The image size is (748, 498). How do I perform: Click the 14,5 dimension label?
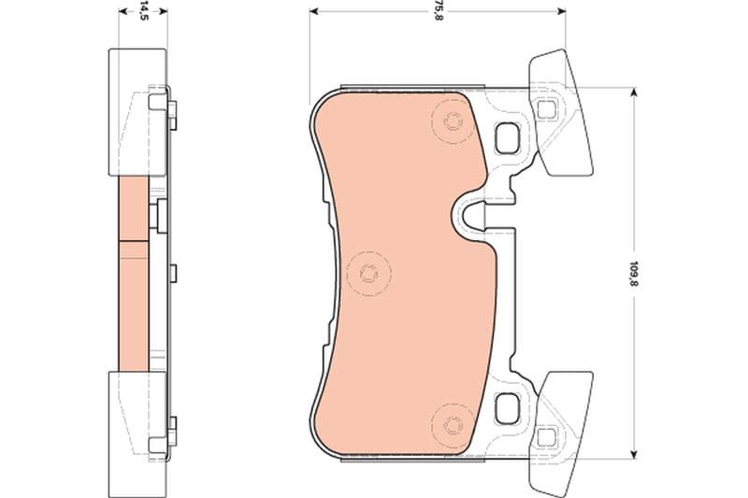point(142,11)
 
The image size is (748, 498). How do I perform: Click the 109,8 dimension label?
point(634,273)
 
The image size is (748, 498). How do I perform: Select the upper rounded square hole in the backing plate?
point(506,137)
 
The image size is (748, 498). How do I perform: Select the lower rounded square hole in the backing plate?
point(506,408)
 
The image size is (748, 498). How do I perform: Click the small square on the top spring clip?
point(546,109)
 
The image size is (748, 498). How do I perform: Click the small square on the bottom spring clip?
point(546,437)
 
